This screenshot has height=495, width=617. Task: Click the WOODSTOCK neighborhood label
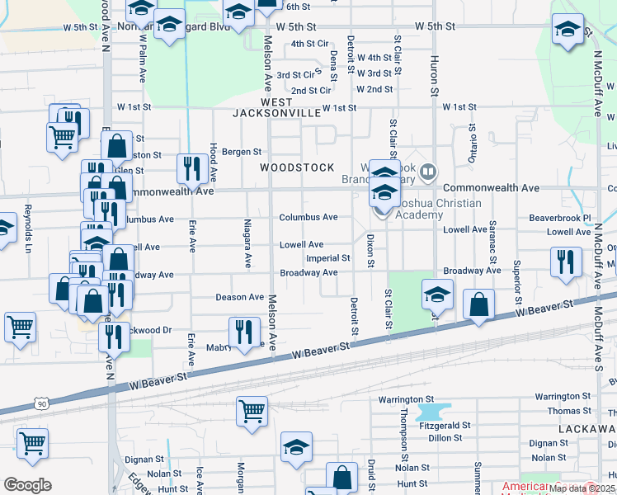(x=297, y=167)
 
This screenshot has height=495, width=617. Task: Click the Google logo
(x=26, y=485)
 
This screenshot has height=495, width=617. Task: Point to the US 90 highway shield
(x=42, y=403)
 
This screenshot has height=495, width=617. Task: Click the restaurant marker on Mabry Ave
(x=243, y=332)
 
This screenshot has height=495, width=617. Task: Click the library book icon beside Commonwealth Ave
(x=428, y=172)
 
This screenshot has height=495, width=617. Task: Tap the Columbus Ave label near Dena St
(x=308, y=217)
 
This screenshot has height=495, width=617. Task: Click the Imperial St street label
(x=328, y=258)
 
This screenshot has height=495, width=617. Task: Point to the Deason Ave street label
(x=239, y=297)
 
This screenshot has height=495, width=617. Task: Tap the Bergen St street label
(x=241, y=152)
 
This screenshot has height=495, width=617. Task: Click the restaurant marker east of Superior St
(x=566, y=261)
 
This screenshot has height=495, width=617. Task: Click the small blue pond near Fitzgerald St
(x=429, y=411)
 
